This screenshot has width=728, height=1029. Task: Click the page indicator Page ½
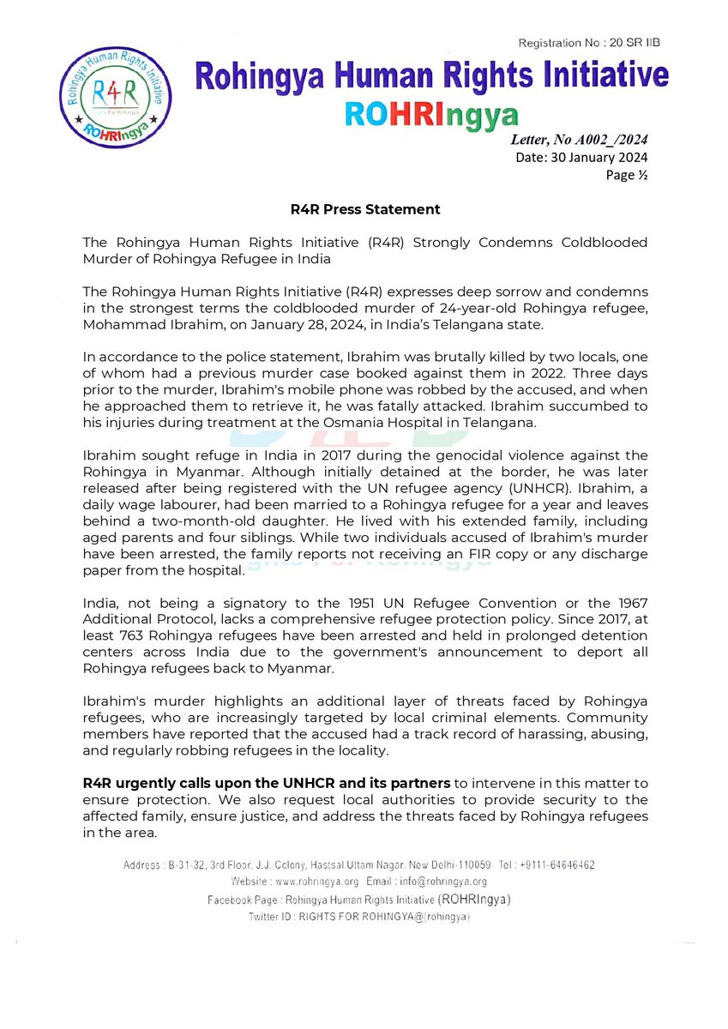pos(627,175)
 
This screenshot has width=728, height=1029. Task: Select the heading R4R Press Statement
pos(364,209)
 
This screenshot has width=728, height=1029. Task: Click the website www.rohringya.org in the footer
pos(309,881)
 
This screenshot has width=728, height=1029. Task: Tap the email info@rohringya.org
pos(439,881)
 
